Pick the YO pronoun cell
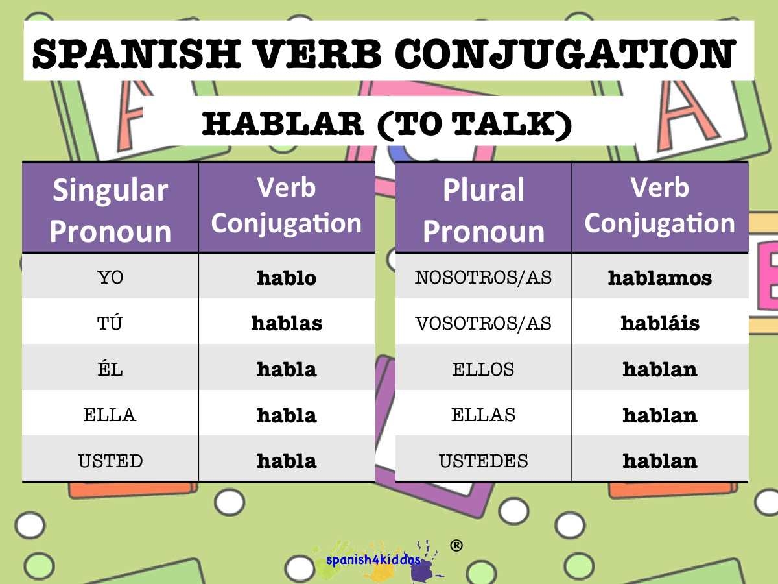(x=110, y=277)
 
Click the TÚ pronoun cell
(x=110, y=322)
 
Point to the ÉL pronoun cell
(x=110, y=369)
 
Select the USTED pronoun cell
(x=110, y=461)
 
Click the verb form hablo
(x=287, y=277)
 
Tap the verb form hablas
(x=287, y=322)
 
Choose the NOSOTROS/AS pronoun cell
(x=484, y=277)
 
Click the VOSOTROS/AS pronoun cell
(x=484, y=322)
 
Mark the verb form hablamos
(x=660, y=277)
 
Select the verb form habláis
(x=660, y=322)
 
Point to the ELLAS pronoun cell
(x=484, y=415)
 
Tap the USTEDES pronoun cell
(x=484, y=461)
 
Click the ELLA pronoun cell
(x=110, y=415)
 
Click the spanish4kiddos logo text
(x=373, y=559)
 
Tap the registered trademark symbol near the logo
(x=456, y=546)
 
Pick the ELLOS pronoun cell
(x=484, y=369)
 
